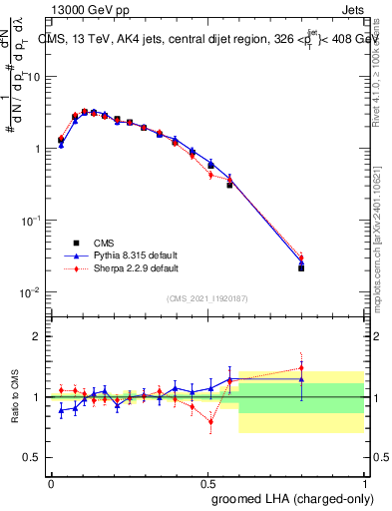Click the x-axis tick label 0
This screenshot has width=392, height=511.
[x=51, y=482]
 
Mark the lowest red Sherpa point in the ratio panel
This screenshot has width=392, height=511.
[x=210, y=421]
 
